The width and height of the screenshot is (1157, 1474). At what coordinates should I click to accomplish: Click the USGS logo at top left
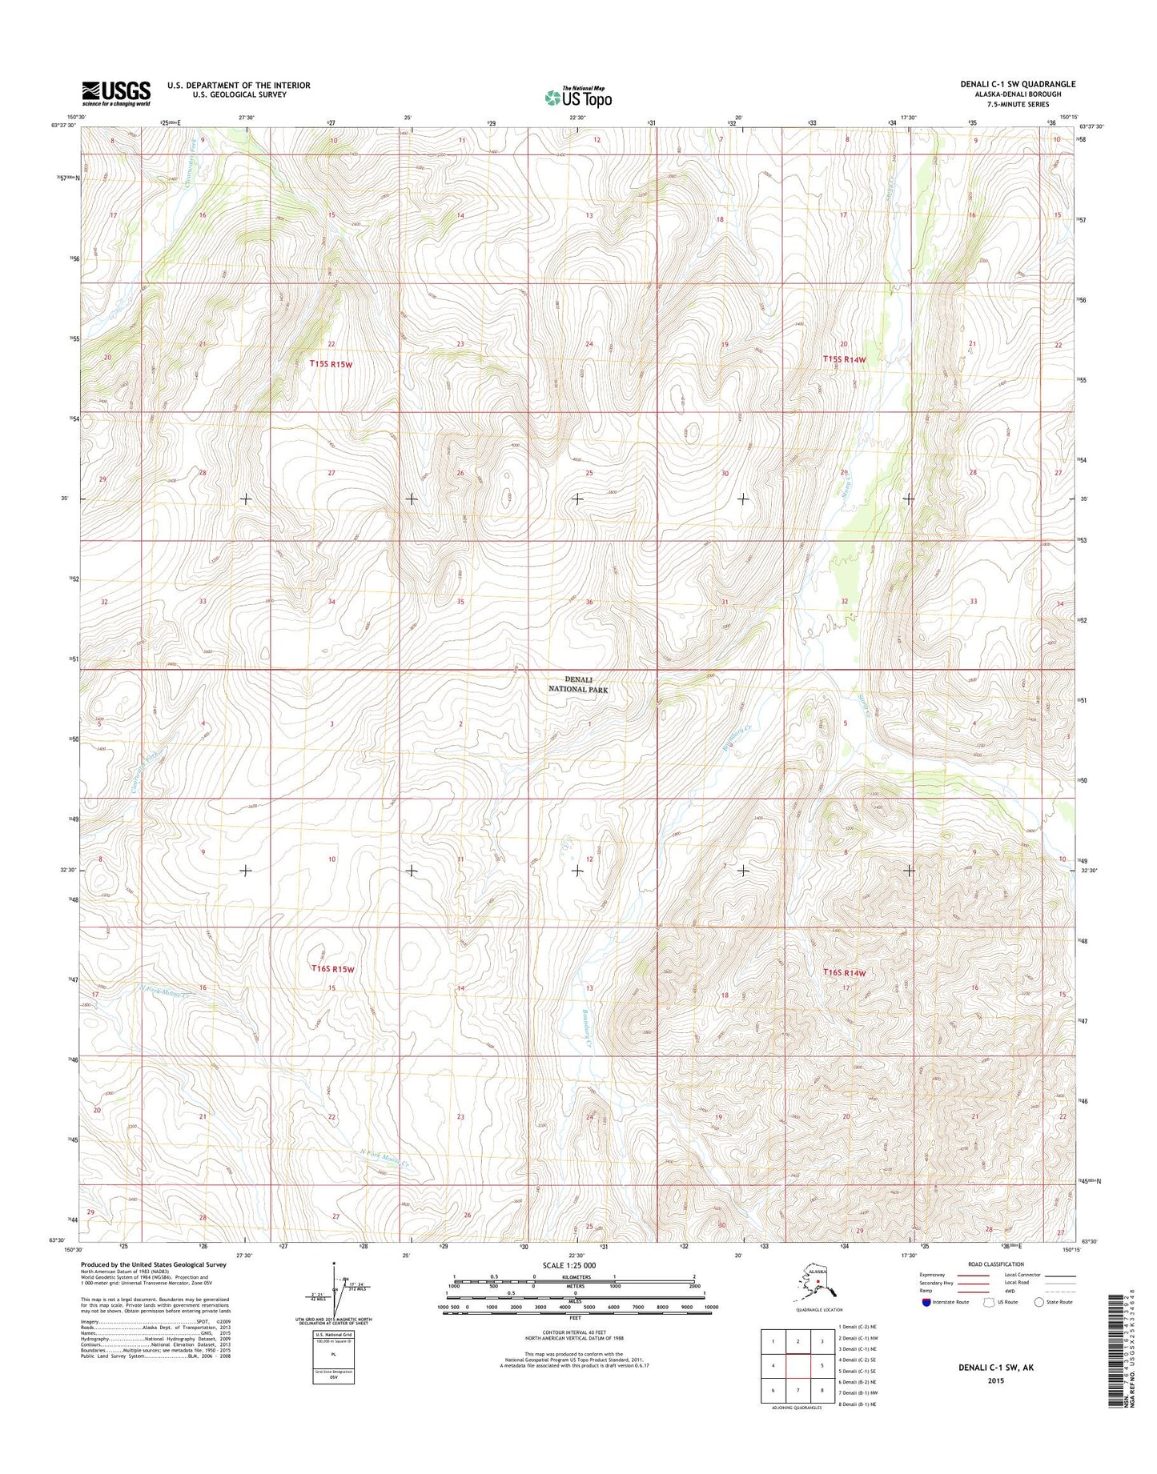[115, 93]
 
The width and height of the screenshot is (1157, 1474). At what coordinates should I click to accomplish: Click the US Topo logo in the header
[578, 98]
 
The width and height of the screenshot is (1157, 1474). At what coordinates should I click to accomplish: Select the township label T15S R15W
[331, 364]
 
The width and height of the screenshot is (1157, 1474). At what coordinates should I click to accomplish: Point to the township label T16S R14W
[845, 972]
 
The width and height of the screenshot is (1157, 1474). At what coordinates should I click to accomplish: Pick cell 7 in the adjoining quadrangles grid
[797, 1390]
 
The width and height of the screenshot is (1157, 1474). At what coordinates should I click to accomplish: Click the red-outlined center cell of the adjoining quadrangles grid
[797, 1366]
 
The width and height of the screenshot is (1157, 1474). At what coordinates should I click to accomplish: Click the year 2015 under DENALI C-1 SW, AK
[995, 1381]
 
